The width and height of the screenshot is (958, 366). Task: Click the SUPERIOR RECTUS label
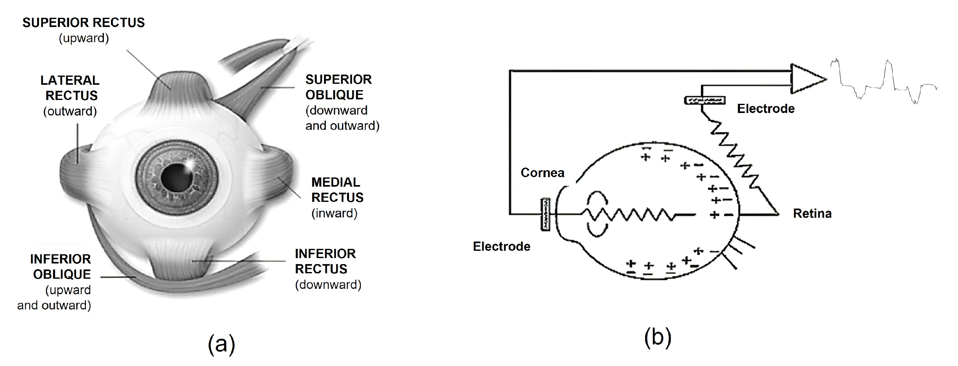point(83,23)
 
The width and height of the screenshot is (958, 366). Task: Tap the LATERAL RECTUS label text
point(70,88)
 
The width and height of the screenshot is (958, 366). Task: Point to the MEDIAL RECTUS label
point(337,190)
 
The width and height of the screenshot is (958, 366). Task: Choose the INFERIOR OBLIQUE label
point(61,267)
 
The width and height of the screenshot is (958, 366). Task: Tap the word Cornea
point(542,173)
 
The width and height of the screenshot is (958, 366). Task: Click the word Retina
point(812,214)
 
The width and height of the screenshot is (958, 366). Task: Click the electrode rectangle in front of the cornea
point(545,215)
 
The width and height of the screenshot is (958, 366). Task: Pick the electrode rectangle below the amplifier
point(705,100)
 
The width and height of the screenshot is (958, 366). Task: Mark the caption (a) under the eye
point(221,343)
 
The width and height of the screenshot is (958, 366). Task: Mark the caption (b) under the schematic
point(657,337)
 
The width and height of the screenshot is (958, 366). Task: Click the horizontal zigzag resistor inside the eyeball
point(629,215)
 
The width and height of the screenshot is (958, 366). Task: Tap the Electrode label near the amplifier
point(766,109)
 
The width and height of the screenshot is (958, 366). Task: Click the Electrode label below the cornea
point(501,246)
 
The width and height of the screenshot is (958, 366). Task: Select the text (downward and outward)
point(342,118)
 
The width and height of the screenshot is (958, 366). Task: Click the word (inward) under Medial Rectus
point(334,213)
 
